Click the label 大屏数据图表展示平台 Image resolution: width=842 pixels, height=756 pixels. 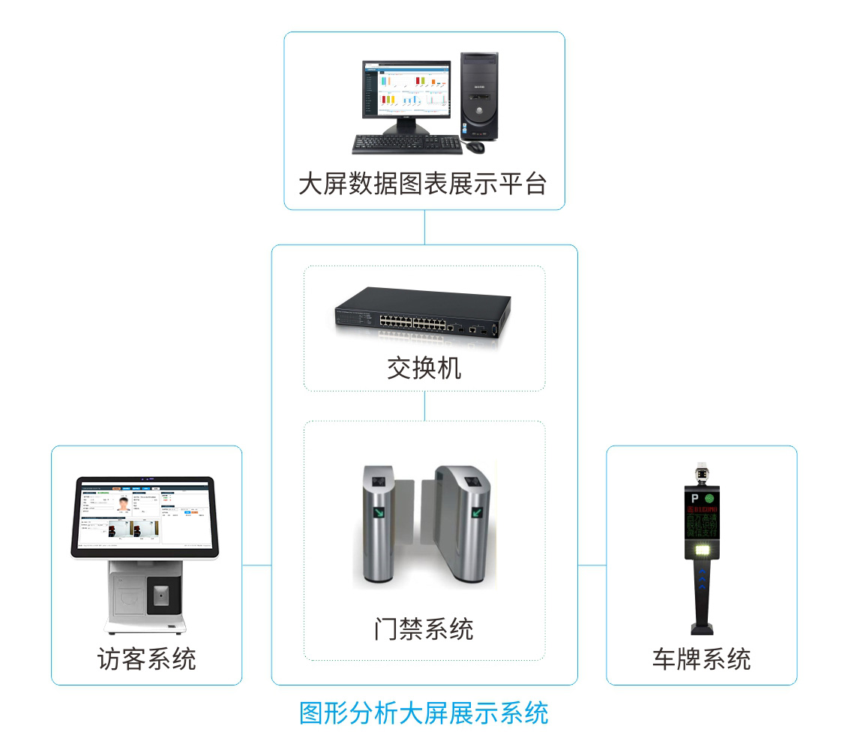(x=423, y=184)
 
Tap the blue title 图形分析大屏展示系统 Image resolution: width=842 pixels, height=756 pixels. (x=424, y=712)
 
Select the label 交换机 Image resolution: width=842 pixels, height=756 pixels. (x=424, y=367)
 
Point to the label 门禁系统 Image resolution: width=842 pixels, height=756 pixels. (x=424, y=628)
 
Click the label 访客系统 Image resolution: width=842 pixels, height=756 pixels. (x=147, y=659)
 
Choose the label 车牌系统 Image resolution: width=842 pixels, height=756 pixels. (x=701, y=659)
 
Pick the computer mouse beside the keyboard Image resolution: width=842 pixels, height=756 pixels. (x=475, y=146)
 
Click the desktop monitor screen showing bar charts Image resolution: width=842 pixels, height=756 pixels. (x=408, y=89)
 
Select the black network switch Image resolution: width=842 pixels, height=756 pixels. (x=424, y=313)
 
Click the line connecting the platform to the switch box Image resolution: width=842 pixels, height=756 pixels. (x=424, y=227)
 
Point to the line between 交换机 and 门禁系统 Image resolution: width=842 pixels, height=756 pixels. (x=424, y=406)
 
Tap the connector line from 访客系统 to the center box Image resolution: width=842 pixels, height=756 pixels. (x=256, y=565)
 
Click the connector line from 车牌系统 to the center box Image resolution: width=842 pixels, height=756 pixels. (x=592, y=565)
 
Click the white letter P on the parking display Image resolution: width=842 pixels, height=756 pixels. (x=694, y=498)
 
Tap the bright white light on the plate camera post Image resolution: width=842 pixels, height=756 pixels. (x=703, y=551)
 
